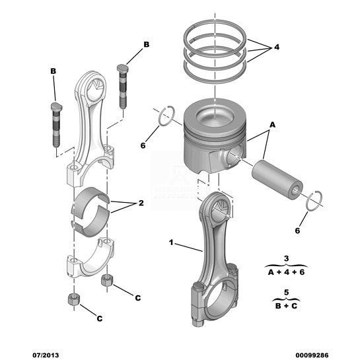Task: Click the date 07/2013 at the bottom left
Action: click(46, 355)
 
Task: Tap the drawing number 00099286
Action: click(312, 355)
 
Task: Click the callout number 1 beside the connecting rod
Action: click(171, 242)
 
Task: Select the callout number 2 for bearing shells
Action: click(141, 203)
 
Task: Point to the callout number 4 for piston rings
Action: click(277, 47)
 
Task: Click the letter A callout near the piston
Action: click(272, 125)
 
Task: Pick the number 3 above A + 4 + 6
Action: click(286, 258)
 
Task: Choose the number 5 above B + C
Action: click(286, 293)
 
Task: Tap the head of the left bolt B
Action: click(57, 107)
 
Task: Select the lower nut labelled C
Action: click(74, 300)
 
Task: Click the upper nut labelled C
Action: click(107, 280)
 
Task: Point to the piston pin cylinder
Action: click(277, 180)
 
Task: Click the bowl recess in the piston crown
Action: click(215, 116)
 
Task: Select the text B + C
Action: click(286, 306)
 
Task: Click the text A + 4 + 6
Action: click(286, 272)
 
